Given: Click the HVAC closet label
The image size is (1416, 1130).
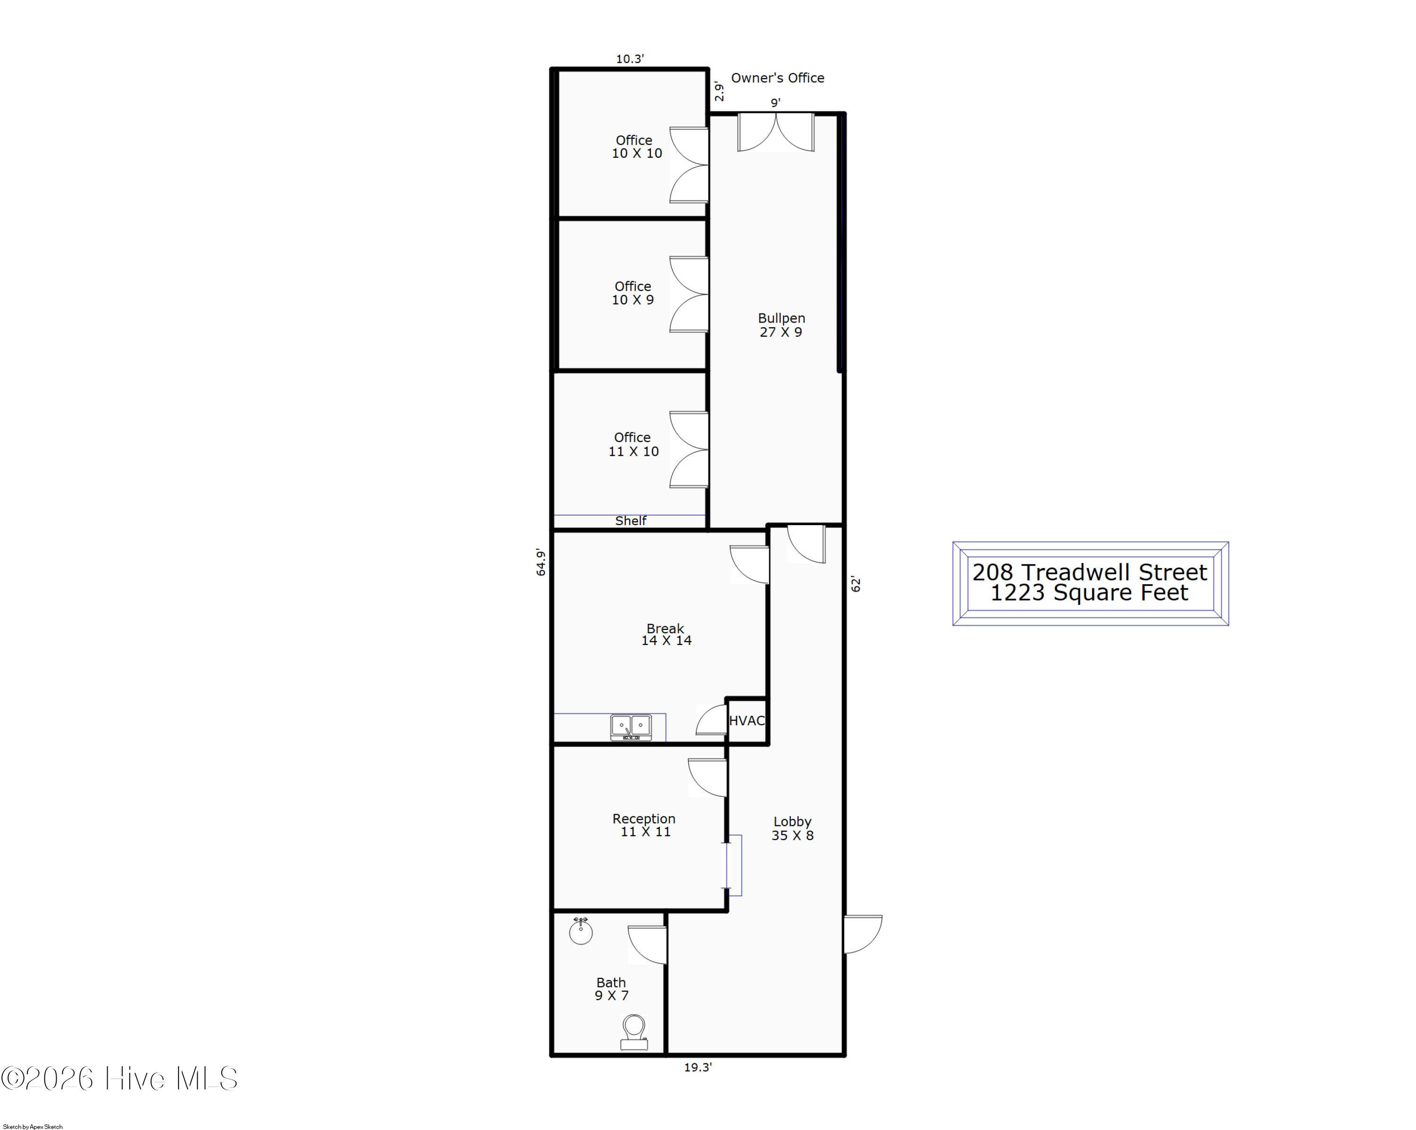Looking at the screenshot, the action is coord(747,721).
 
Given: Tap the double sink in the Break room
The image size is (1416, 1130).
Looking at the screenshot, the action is coord(631,727).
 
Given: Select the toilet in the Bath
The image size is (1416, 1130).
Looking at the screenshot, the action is coord(634,1032).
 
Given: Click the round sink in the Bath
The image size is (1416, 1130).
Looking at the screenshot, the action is coord(581,930).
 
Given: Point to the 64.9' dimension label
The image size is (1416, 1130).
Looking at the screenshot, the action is coord(540,562).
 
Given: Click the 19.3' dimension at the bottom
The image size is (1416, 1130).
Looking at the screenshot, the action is coord(698,1068).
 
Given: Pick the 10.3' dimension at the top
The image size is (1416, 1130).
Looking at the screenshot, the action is coord(629,59).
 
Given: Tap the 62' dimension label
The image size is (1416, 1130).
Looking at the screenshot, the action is coord(855,584).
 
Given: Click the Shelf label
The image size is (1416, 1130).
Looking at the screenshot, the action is coord(631,521).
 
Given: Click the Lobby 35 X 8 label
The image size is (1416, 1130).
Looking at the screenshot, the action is coord(792,828).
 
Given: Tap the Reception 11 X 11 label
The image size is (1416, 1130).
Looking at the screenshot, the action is coord(644,825).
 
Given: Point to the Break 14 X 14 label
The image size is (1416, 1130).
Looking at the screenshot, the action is coord(666,635).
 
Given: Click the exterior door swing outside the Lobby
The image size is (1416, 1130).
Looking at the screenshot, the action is coord(863,934).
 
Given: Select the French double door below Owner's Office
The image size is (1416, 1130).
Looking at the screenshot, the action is coord(775,133).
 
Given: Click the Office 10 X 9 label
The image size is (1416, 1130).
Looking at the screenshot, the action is coord(633,293).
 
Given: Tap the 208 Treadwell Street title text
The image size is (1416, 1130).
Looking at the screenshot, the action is coord(1089,572).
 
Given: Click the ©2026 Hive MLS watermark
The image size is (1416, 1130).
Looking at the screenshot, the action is coord(119,1079).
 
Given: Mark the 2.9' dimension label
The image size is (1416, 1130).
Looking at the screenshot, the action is coord(719,91).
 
